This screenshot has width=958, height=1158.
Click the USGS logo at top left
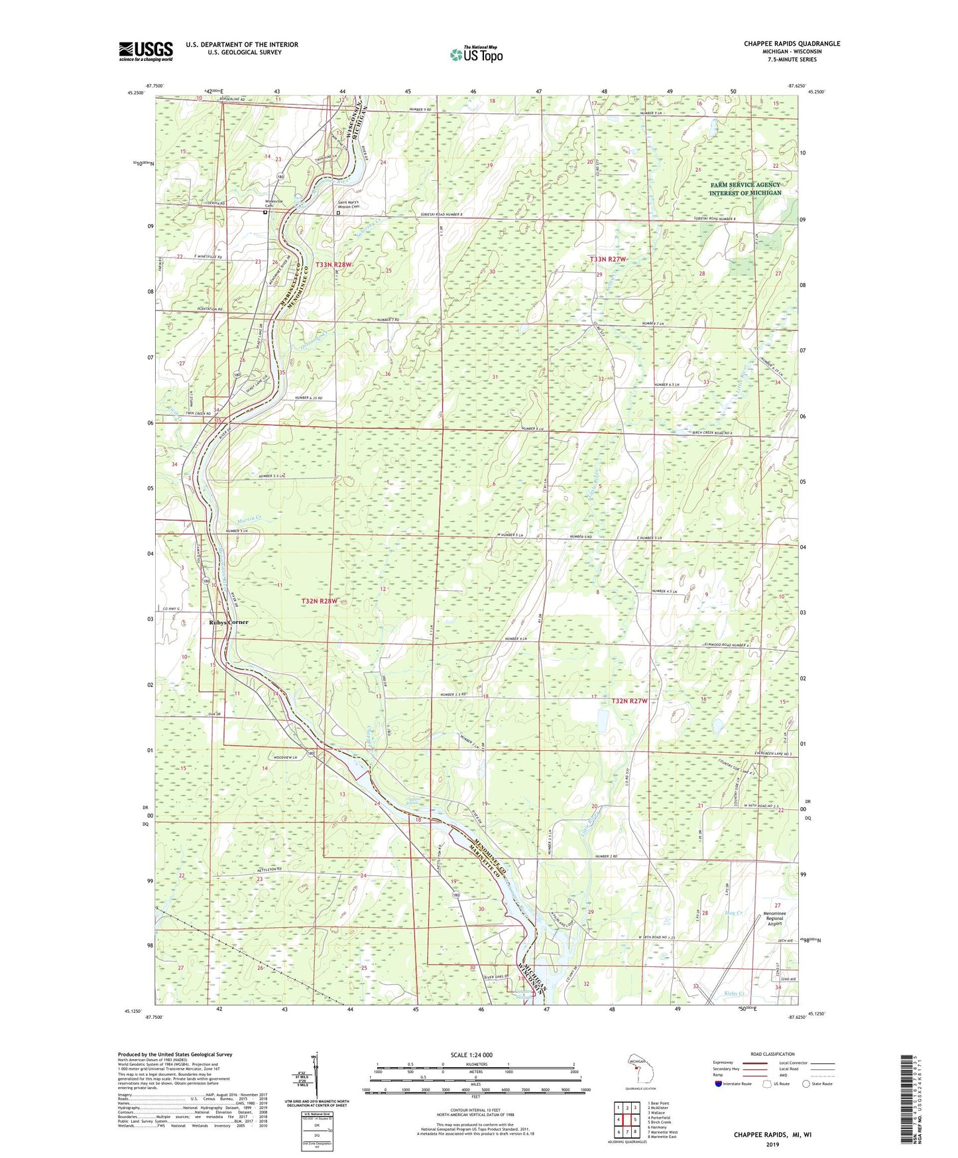[145, 50]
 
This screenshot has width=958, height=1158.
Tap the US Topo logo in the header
[475, 55]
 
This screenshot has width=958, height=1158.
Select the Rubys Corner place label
[229, 622]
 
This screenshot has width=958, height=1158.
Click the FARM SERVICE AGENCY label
[745, 185]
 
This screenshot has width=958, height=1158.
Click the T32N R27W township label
[629, 700]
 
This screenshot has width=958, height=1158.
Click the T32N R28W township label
[320, 601]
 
